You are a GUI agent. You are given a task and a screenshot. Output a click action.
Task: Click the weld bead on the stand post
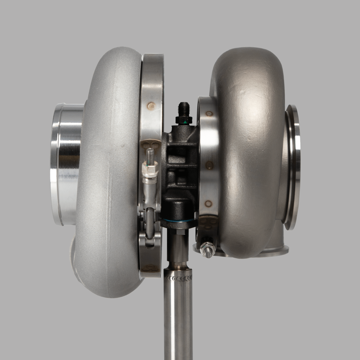click(x=178, y=278)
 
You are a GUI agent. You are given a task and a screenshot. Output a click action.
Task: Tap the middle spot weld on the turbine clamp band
click(x=210, y=165)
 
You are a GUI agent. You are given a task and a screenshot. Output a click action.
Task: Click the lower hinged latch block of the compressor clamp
click(x=150, y=239)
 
